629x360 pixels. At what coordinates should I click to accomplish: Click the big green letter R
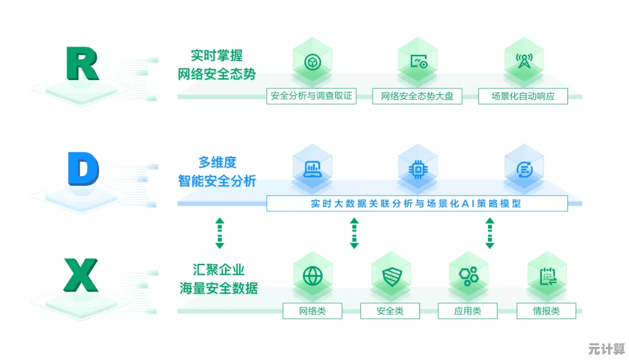coord(82,64)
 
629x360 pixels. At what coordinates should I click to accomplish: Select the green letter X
coord(81,275)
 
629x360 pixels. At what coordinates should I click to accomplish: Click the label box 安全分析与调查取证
coord(311,96)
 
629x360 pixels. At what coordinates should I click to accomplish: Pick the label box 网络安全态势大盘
coord(417,96)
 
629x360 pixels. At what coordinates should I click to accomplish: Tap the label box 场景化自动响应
coord(523,96)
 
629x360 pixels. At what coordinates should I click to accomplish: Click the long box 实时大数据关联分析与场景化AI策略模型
coord(416,204)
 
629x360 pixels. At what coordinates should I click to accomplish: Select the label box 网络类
coord(312,311)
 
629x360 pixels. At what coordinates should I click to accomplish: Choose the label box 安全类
coord(390,311)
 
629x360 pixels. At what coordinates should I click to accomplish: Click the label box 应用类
coord(468,311)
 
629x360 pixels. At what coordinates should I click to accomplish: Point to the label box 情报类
coord(546,311)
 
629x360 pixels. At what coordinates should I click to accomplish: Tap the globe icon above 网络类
coord(312,276)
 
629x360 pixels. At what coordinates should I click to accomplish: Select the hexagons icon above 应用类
coord(468,276)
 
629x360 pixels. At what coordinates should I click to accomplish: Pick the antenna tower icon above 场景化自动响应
coord(524,61)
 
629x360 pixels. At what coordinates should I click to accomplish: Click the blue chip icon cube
coord(418,169)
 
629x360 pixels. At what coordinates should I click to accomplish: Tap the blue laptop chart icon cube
coord(312,169)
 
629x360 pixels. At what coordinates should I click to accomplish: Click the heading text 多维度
coord(217,162)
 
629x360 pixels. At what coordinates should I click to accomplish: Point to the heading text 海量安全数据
coord(219,288)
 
